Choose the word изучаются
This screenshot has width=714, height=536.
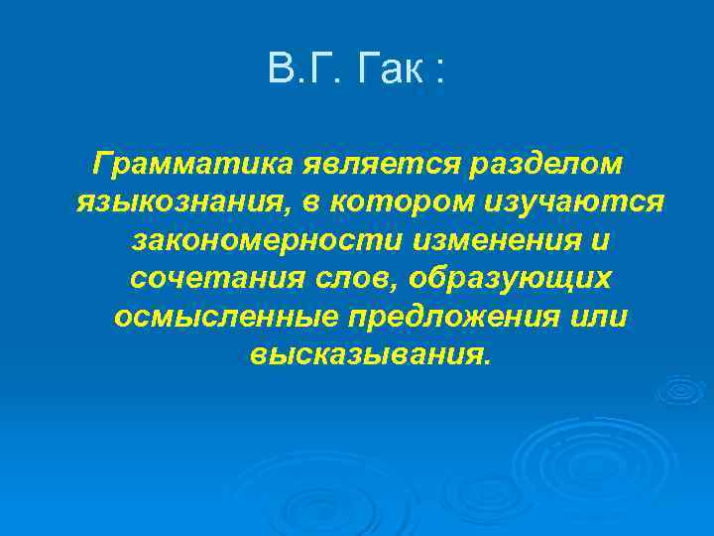coord(574,202)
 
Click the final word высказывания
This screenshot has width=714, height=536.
coord(370,354)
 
